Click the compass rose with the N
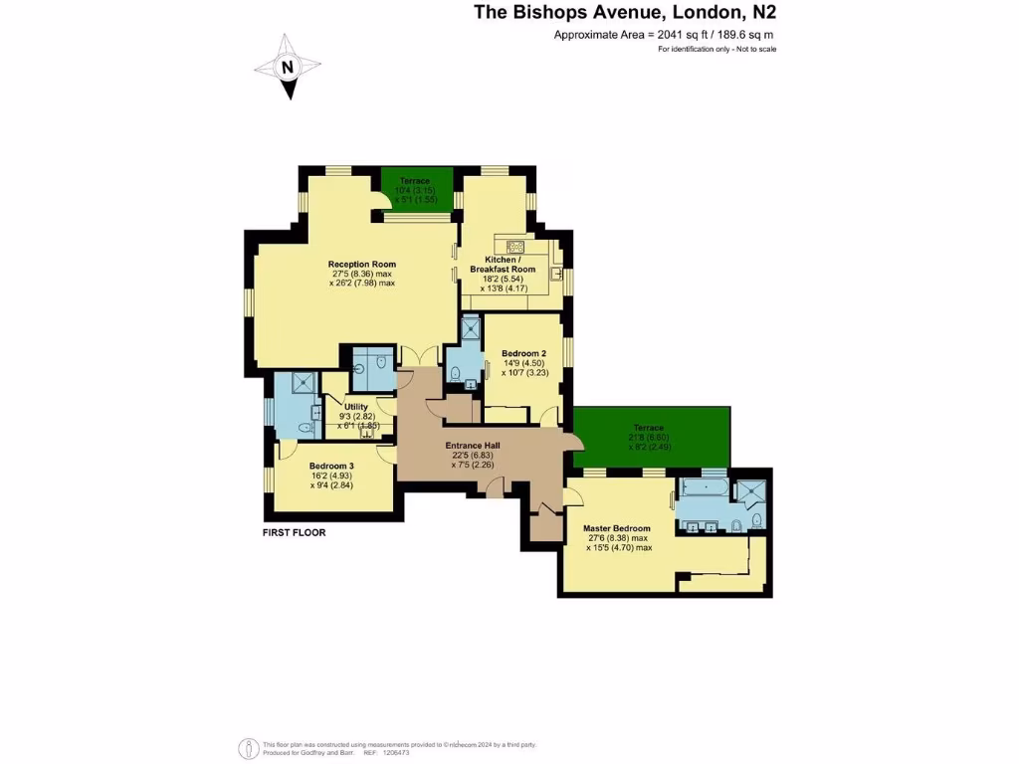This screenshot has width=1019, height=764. tap(288, 67)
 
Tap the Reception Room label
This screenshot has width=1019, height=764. tap(361, 264)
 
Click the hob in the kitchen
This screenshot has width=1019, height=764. tap(515, 247)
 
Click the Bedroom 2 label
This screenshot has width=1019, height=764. tap(523, 353)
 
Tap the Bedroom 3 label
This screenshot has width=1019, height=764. tap(331, 466)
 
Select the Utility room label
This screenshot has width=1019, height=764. tap(355, 406)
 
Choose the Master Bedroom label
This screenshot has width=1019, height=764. tap(618, 528)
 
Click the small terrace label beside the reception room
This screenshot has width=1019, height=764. tap(415, 180)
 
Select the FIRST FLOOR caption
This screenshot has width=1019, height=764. tap(294, 532)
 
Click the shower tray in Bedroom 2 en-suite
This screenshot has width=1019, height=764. tap(470, 326)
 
